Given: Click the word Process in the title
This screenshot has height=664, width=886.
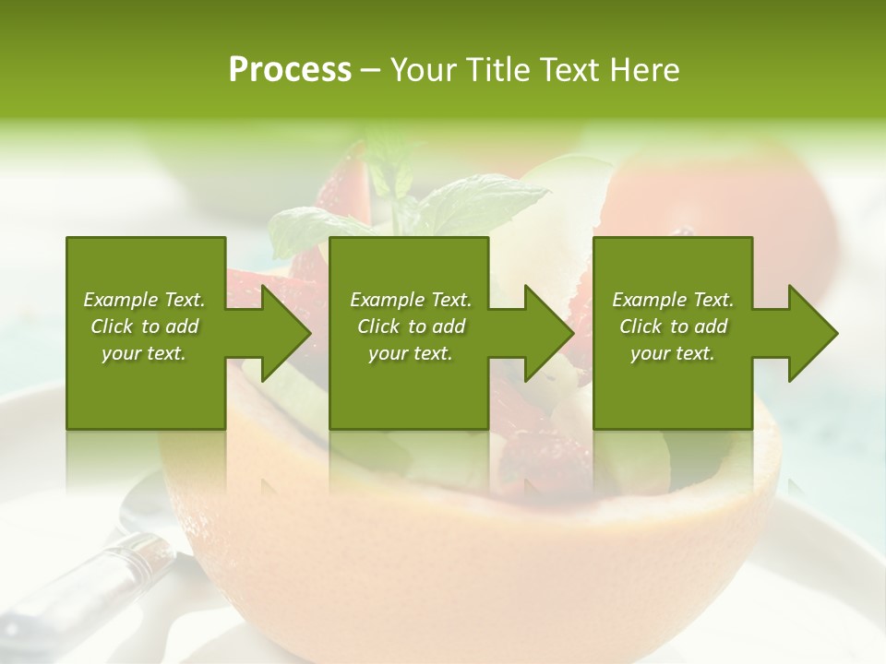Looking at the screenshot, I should (x=290, y=70).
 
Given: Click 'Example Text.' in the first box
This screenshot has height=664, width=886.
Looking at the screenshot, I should (x=144, y=300).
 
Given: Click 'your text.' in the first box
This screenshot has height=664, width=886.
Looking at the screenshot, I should (x=144, y=353).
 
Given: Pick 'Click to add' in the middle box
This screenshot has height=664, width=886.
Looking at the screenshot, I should (x=411, y=326).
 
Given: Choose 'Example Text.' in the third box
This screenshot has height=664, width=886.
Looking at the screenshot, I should (x=673, y=300).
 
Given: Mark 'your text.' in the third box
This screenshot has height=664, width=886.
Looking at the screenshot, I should (x=673, y=353).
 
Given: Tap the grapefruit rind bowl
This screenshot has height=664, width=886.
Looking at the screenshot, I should (x=461, y=553).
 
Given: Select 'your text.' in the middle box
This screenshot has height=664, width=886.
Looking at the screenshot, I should (x=411, y=353).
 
